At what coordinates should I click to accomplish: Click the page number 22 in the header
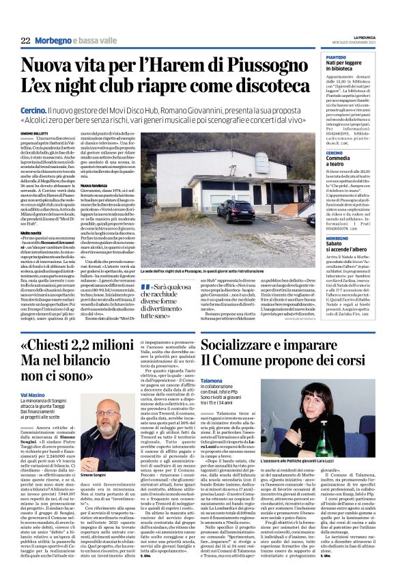pos(25,41)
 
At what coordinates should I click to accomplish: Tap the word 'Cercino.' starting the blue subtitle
pos(33,109)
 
